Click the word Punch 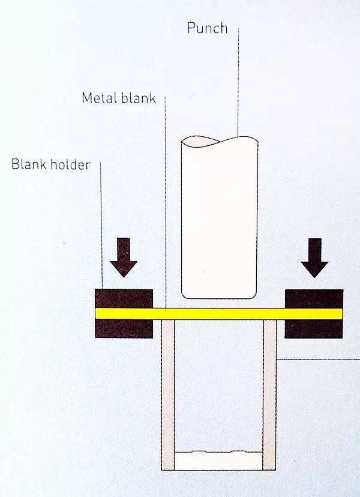point(207,28)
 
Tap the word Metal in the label point(99,98)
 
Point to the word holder point(71,164)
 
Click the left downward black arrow point(124,258)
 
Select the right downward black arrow point(314,258)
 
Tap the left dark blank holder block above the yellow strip point(124,298)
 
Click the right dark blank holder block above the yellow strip point(314,298)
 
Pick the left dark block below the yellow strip point(124,328)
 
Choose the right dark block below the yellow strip point(314,329)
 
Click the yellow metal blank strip point(219,314)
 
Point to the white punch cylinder point(219,218)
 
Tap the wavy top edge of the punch point(219,142)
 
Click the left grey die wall point(168,394)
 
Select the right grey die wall point(269,394)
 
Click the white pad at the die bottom point(218,460)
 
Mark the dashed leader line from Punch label point(238,82)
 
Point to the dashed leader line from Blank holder point(101,225)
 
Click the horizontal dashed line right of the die point(318,360)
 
